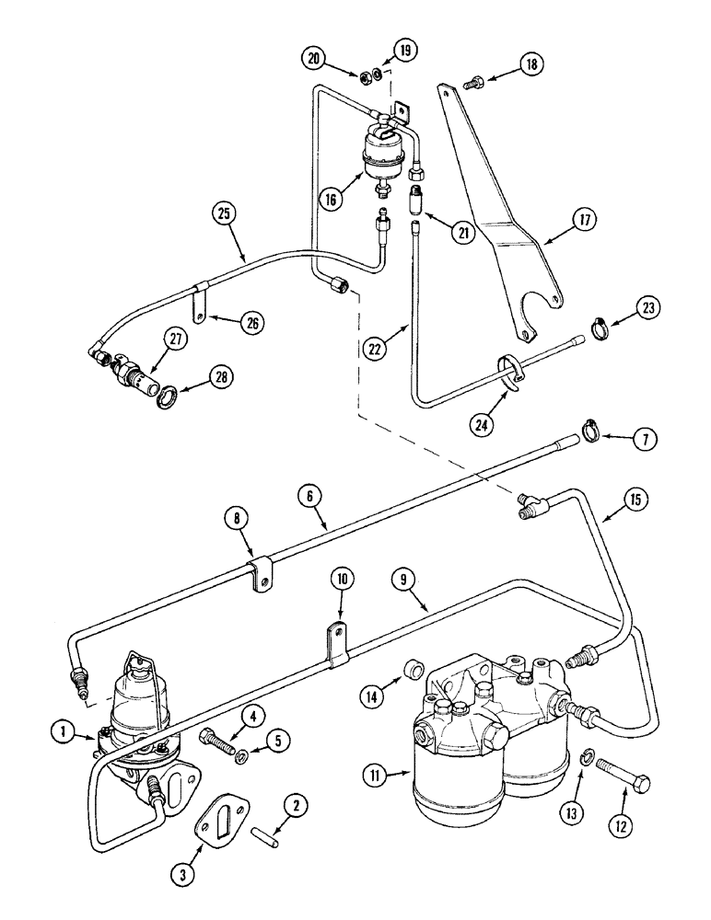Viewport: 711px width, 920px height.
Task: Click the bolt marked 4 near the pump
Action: coord(213,736)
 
